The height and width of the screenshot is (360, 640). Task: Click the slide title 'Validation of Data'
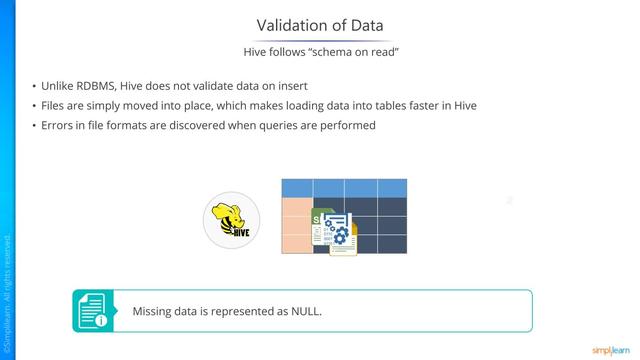(x=319, y=24)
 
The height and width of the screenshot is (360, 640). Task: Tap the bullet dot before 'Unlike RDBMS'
(x=34, y=87)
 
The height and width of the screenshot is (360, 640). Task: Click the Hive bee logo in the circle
(x=231, y=220)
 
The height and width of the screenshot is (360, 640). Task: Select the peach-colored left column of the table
(x=296, y=225)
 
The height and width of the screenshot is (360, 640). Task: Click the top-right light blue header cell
(x=391, y=188)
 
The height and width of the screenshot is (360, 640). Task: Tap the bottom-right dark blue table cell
(x=391, y=244)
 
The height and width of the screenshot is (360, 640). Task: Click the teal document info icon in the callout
(x=93, y=311)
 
